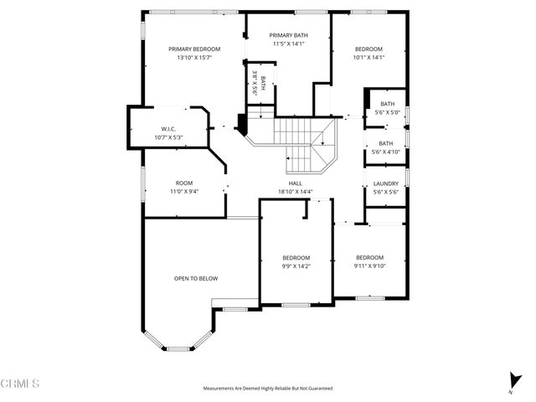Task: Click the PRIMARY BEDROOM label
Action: pos(188,49)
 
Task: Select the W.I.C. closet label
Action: pos(162,128)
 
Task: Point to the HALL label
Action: pos(295,183)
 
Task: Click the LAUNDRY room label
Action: pos(385,183)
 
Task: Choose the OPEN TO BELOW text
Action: pos(196,279)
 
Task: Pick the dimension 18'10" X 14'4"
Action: pos(295,192)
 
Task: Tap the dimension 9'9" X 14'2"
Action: pos(296,266)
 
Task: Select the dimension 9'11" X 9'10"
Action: pos(369,266)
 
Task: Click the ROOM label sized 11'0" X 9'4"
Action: pos(183,183)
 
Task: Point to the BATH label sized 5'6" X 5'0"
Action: pos(387,104)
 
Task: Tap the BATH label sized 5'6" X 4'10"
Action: pos(385,143)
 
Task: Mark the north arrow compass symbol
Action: pos(512,381)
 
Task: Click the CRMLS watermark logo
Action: pos(19,384)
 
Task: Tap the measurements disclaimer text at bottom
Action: pos(267,389)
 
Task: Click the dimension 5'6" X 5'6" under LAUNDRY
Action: pos(385,192)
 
